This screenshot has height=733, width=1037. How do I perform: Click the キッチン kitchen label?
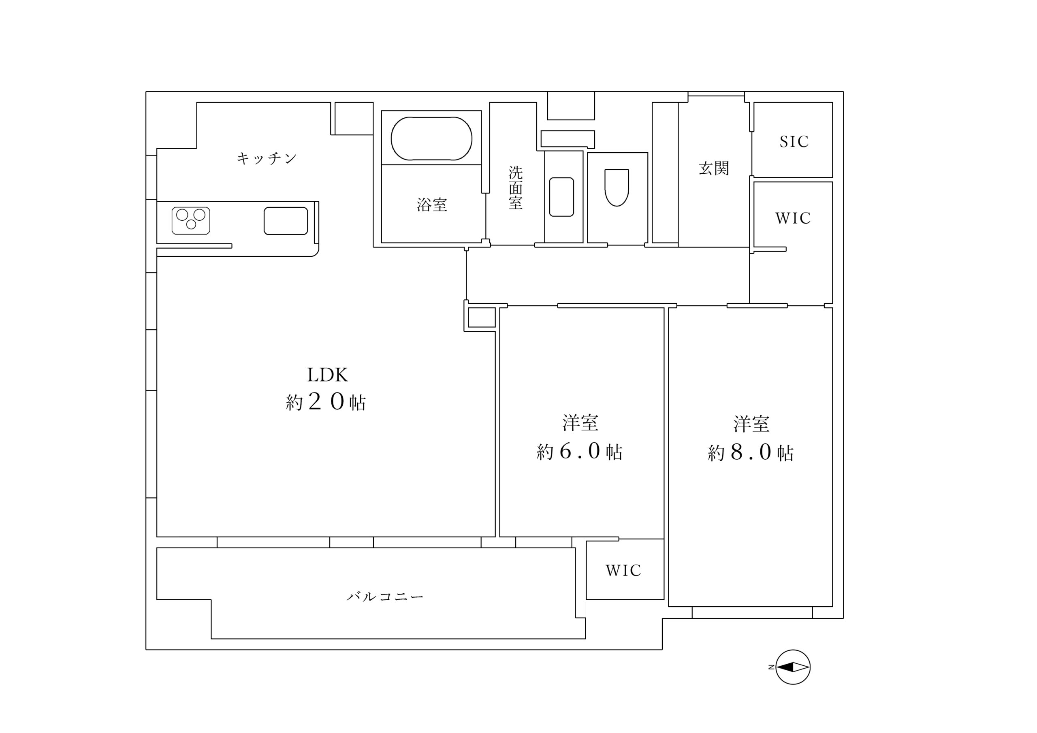267,158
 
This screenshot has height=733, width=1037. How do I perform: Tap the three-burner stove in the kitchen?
191,220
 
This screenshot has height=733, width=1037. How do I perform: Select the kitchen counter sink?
286,220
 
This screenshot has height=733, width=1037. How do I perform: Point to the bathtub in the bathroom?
431,138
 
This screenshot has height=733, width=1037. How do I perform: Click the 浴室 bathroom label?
432,205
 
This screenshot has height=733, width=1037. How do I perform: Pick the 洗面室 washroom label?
515,188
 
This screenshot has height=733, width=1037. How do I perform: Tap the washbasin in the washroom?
561,196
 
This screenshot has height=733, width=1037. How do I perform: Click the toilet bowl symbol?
617,187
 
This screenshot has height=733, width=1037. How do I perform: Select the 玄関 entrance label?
714,168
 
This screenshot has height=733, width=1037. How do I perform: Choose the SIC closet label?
794,142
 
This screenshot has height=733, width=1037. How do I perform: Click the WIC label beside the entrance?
793,218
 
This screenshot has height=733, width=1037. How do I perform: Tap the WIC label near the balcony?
623,571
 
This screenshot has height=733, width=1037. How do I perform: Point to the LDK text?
327,375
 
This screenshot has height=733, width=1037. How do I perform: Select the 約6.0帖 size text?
580,451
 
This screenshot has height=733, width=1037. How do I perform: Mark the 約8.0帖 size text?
751,452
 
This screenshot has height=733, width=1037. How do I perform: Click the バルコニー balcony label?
385,597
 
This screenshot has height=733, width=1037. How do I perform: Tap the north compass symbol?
793,667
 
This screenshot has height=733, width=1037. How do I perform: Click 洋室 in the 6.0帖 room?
580,423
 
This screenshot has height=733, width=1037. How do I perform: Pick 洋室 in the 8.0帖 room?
751,424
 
